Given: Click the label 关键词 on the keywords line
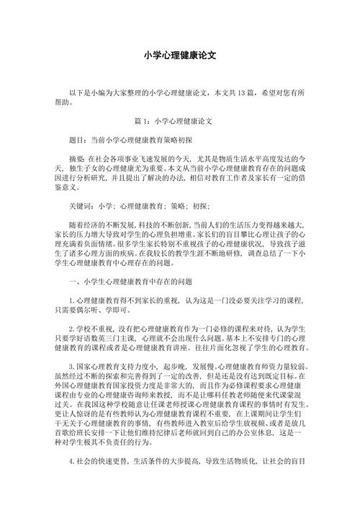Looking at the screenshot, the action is click(x=81, y=205).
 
